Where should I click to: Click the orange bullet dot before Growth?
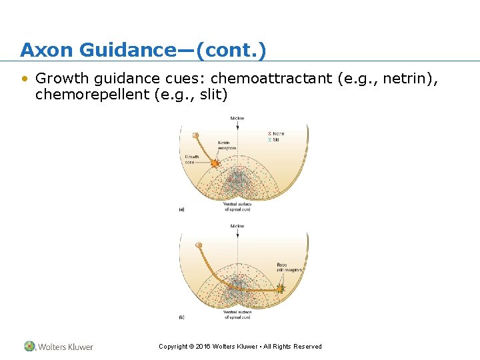(x=25, y=79)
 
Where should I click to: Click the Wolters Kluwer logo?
(x=59, y=347)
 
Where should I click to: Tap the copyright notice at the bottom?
(x=240, y=347)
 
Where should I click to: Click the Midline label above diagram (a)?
(x=237, y=119)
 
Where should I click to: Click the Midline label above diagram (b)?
(x=237, y=227)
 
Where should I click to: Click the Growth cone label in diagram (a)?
(x=191, y=159)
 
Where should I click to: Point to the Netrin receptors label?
(x=227, y=145)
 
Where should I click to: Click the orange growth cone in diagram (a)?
(x=215, y=163)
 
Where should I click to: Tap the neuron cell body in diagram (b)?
(x=198, y=245)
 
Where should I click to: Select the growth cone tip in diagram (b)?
(x=280, y=289)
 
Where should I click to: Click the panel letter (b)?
(x=181, y=317)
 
